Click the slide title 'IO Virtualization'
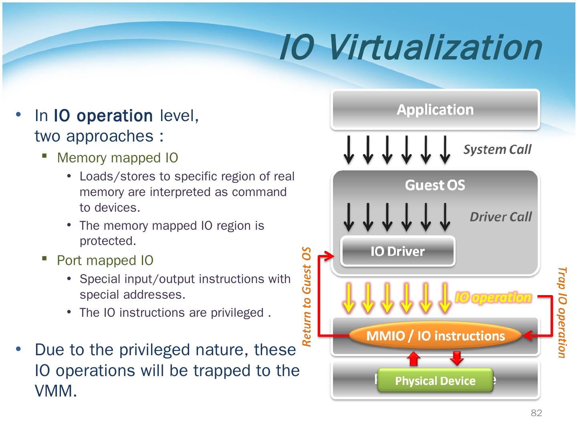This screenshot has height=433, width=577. [x=410, y=48]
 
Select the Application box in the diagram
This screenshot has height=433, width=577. [x=435, y=109]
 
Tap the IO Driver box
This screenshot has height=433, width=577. [x=397, y=251]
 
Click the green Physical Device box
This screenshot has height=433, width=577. [x=435, y=380]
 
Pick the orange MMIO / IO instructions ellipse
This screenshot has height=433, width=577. [x=435, y=336]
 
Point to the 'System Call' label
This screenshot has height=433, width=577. [x=497, y=150]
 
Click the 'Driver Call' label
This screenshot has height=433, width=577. [x=500, y=217]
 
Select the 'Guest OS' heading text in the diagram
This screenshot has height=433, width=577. [x=435, y=185]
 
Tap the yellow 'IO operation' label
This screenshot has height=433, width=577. [x=493, y=297]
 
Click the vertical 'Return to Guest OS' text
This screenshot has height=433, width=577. [x=307, y=296]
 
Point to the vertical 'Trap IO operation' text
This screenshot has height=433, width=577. [x=562, y=312]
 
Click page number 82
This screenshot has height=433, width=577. [x=536, y=413]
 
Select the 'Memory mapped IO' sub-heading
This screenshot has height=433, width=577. [x=117, y=158]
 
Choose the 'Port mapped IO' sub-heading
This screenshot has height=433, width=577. [x=105, y=261]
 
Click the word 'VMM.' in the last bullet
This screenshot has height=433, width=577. [x=56, y=391]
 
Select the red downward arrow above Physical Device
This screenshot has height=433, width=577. [x=456, y=358]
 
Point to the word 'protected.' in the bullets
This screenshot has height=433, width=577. [x=108, y=241]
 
